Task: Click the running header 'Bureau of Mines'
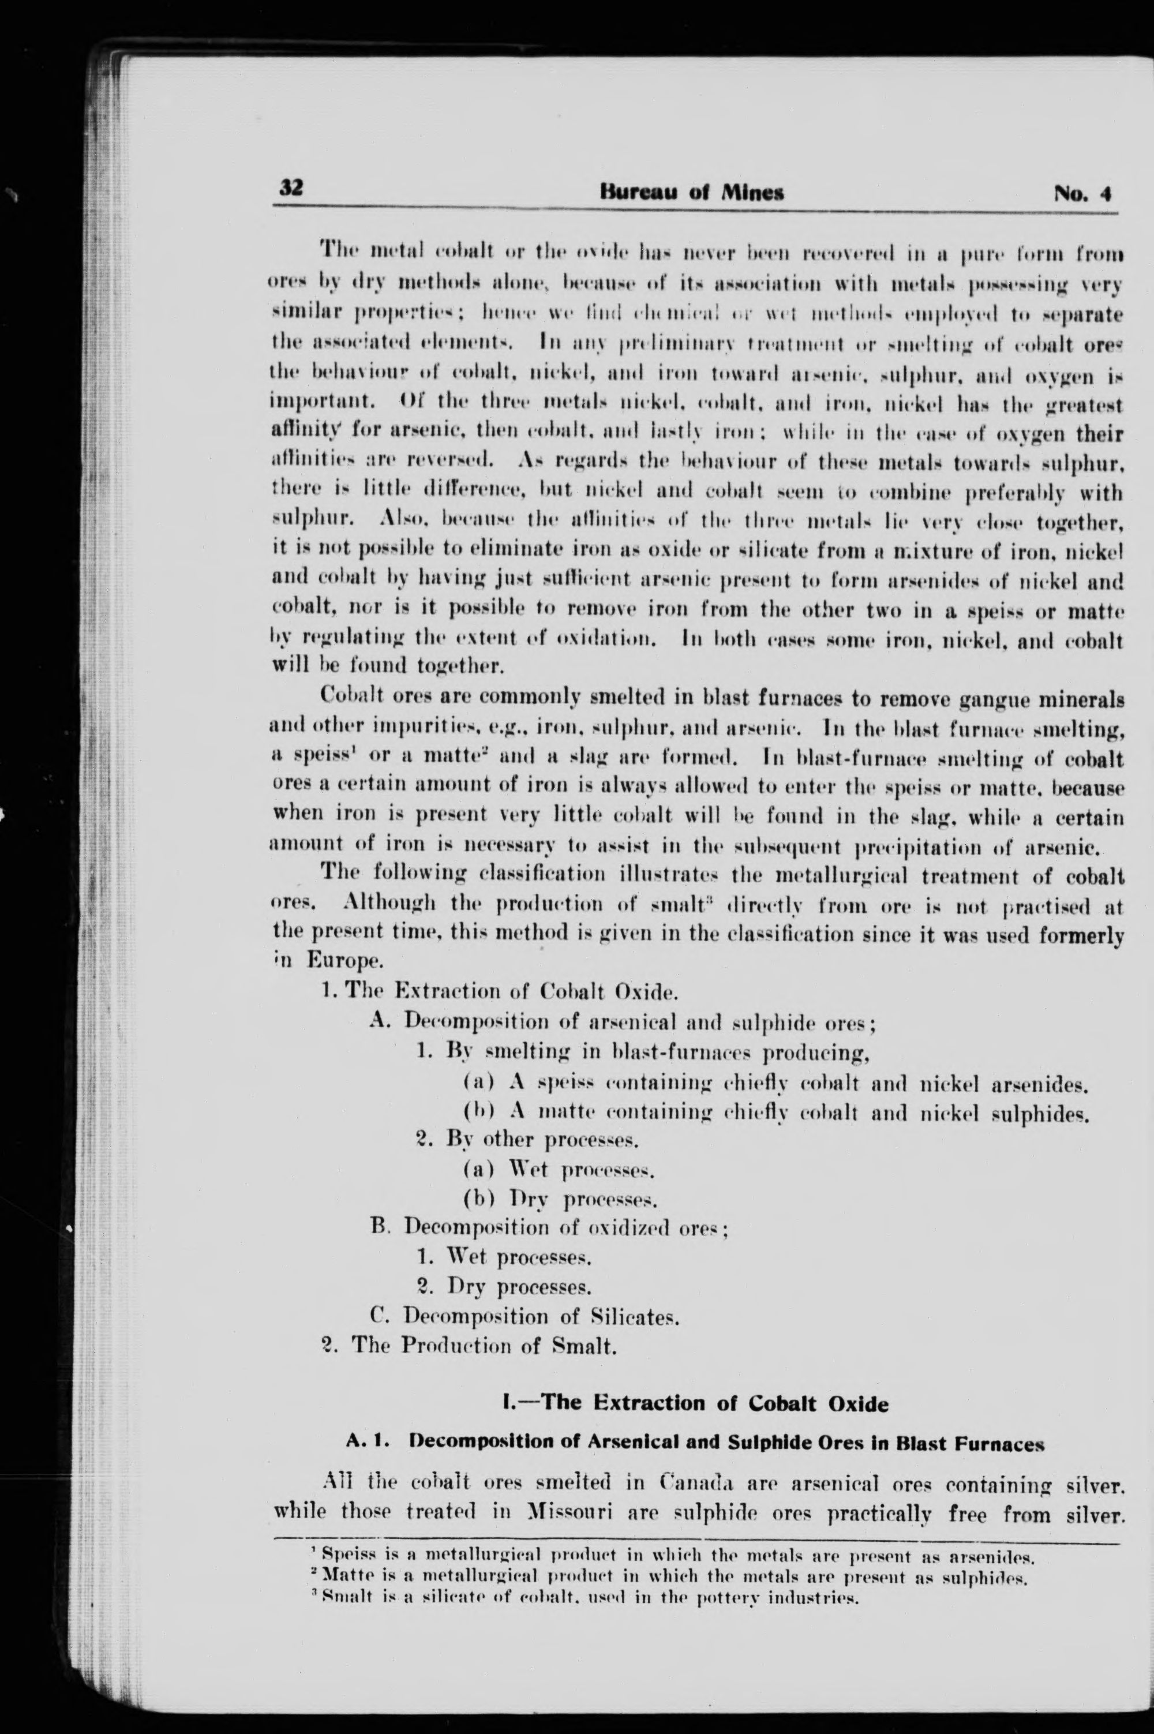(692, 193)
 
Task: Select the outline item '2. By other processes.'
(526, 1139)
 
